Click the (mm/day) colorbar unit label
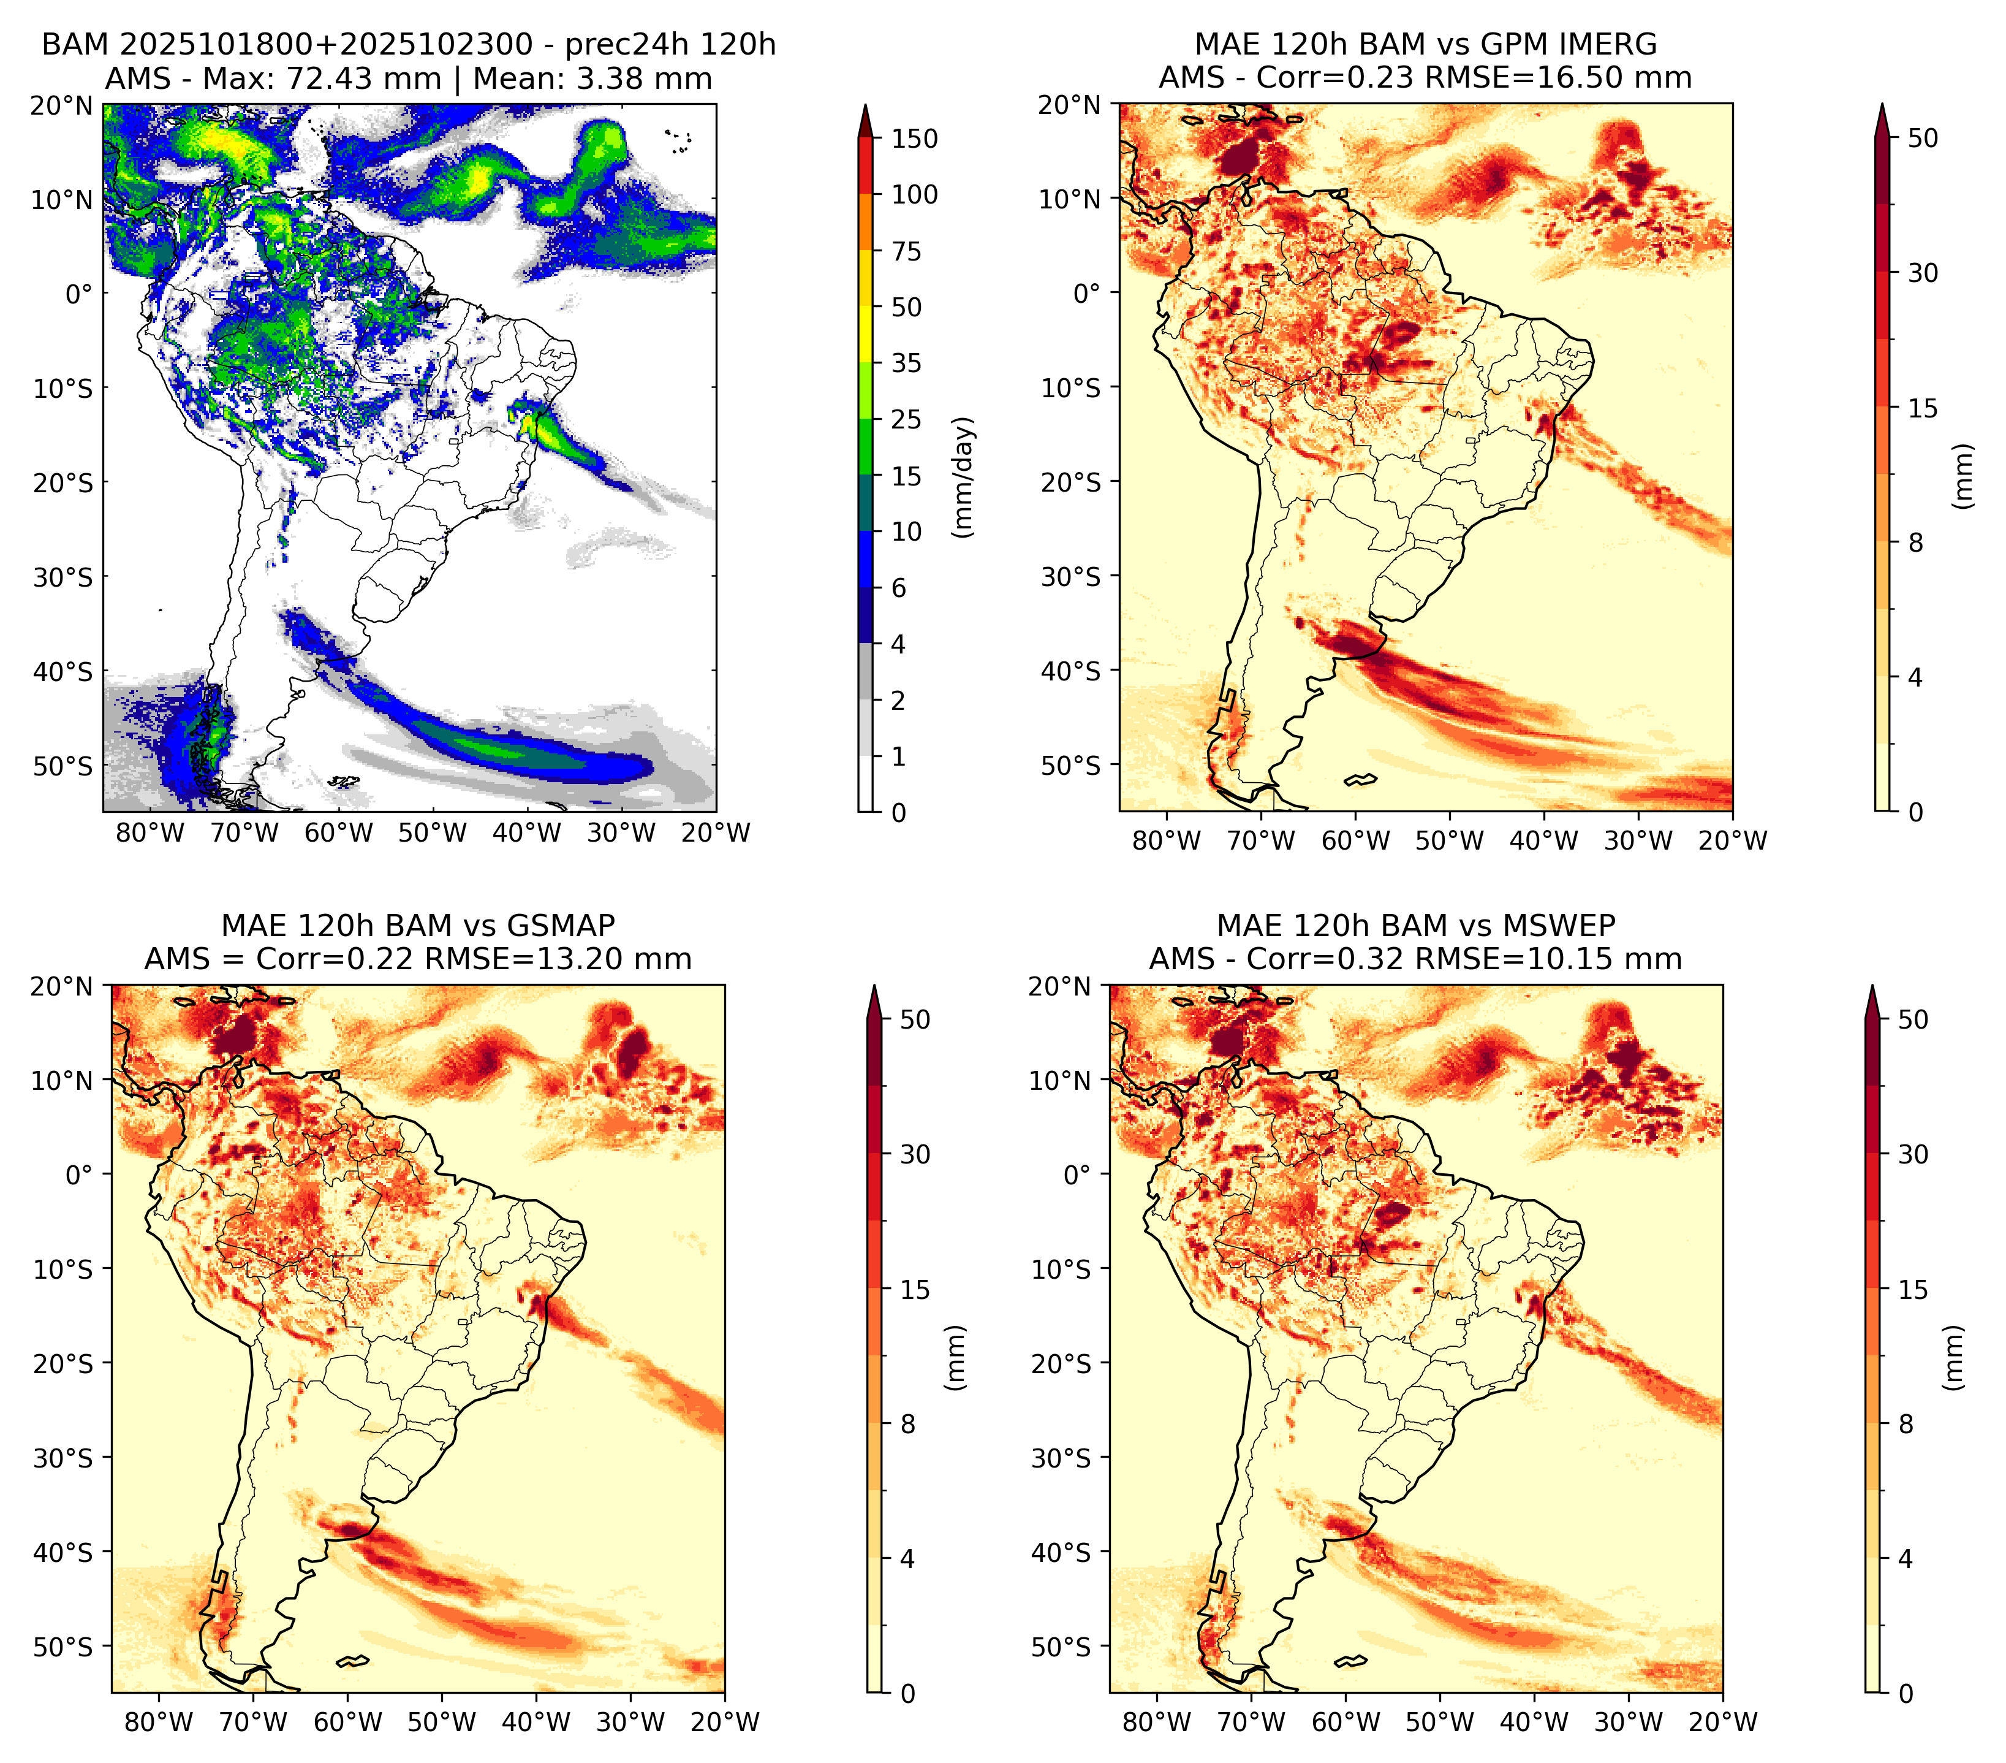pyautogui.click(x=964, y=477)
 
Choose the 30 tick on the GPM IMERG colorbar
pyautogui.click(x=1923, y=273)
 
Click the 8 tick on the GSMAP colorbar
pyautogui.click(x=907, y=1423)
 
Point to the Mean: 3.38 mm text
pyautogui.click(x=592, y=78)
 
